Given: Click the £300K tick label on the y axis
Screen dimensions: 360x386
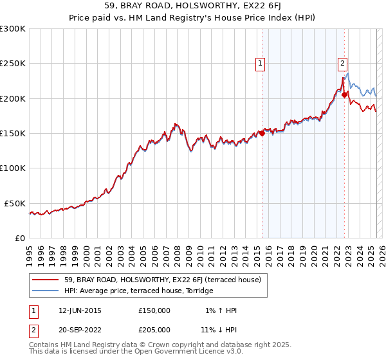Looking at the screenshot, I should click(13, 29).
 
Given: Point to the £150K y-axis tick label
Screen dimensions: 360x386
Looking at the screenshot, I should click(13, 134).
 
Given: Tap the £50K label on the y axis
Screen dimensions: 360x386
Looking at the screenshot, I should click(15, 203).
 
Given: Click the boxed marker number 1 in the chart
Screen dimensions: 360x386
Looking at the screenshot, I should click(261, 63).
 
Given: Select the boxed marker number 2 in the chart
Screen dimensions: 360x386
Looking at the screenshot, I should click(342, 63).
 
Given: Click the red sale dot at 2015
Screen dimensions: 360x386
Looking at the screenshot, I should click(262, 134).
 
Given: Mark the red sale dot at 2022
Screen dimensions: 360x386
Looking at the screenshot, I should click(344, 95).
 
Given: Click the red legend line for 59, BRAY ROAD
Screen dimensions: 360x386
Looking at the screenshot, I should click(46, 280).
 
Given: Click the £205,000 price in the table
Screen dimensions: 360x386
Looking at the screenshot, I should click(154, 329).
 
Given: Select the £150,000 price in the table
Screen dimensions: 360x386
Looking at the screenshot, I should click(154, 310).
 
